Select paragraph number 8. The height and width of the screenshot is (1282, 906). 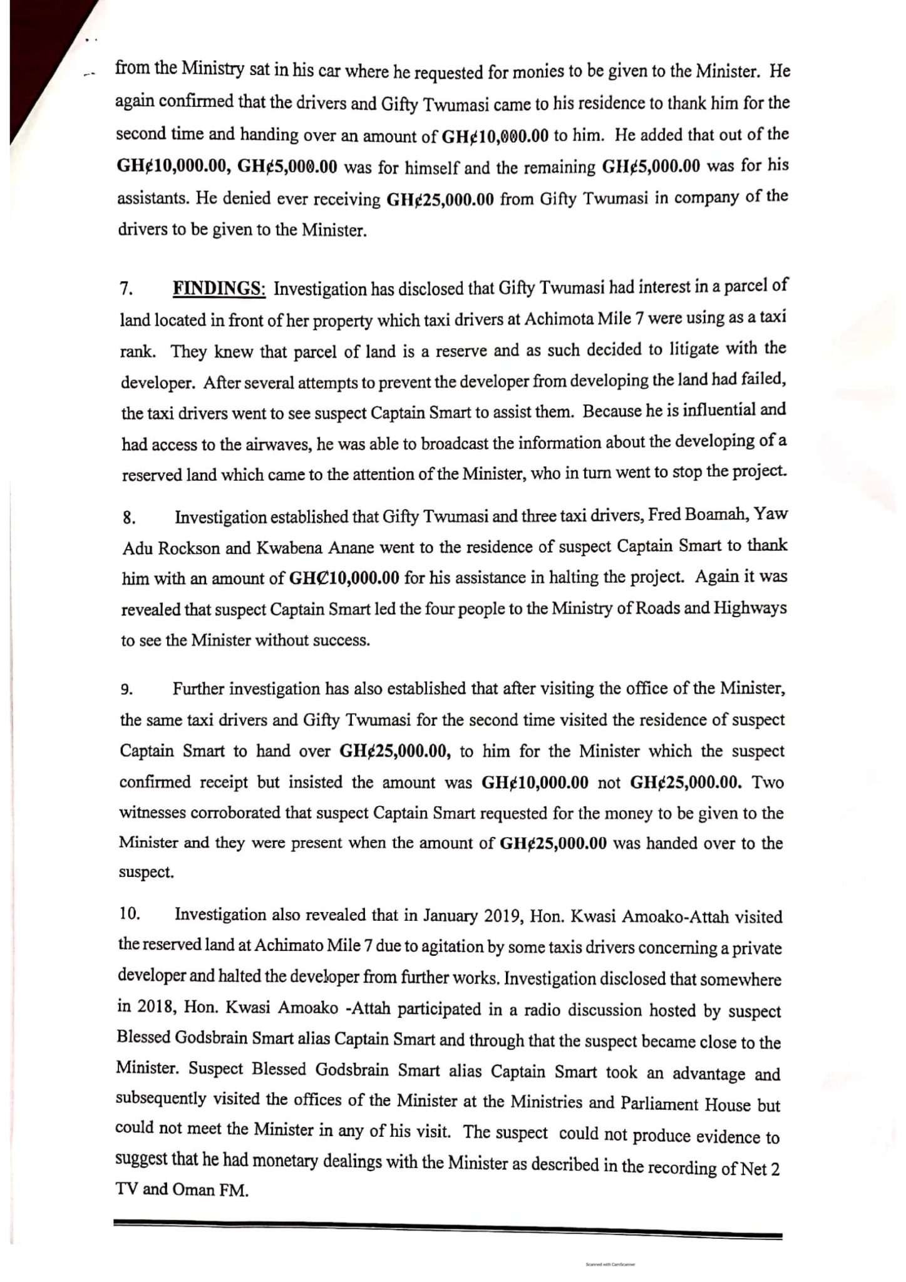[128, 518]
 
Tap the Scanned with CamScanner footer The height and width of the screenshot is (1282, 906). [610, 1264]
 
